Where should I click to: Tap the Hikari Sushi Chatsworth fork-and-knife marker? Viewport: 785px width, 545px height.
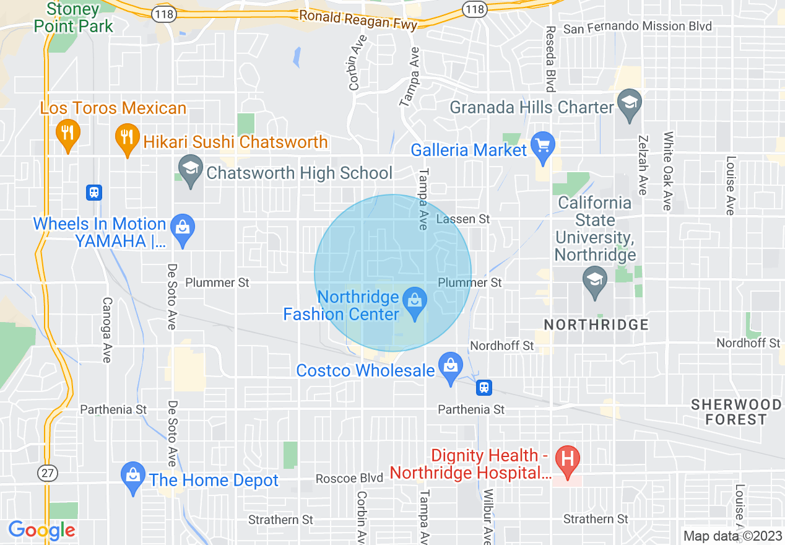[x=127, y=138]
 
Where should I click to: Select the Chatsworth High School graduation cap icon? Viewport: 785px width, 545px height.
[x=191, y=170]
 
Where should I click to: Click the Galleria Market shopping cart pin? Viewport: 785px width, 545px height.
[x=543, y=147]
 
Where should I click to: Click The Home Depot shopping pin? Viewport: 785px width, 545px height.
[x=133, y=477]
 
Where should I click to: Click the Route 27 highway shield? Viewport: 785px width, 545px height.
[x=45, y=473]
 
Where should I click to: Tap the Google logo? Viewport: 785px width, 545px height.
[x=41, y=530]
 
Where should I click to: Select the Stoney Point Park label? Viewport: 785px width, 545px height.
[x=74, y=17]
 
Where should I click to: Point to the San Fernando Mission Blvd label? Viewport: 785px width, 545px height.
[x=638, y=27]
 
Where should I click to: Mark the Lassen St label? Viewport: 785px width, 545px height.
[x=462, y=219]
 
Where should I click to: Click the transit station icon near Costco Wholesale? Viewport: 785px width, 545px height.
[x=484, y=388]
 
